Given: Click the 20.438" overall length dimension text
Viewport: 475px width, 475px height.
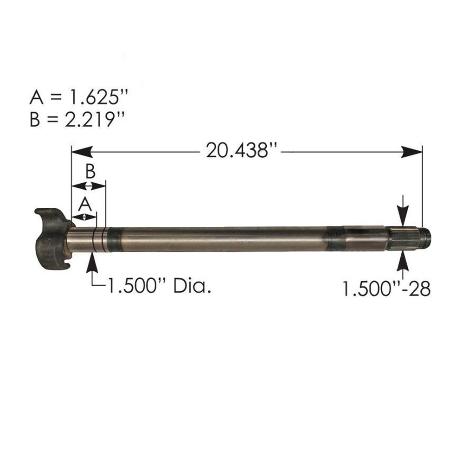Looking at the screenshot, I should point(237,151).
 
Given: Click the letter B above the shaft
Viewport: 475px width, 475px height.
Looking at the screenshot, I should point(90,172).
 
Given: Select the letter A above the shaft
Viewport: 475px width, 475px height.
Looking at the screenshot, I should point(83,203).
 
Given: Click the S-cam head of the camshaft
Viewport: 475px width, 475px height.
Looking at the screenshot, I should point(51,239).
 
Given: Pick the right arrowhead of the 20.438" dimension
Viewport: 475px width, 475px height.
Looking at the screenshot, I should point(412,152).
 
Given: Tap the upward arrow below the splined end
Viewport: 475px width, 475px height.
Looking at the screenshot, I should point(403,262).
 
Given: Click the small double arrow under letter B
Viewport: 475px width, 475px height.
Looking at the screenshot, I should point(89,186).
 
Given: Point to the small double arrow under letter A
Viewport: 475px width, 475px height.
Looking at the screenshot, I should point(84,217).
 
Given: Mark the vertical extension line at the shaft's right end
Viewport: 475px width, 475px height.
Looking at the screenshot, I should point(422,186).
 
